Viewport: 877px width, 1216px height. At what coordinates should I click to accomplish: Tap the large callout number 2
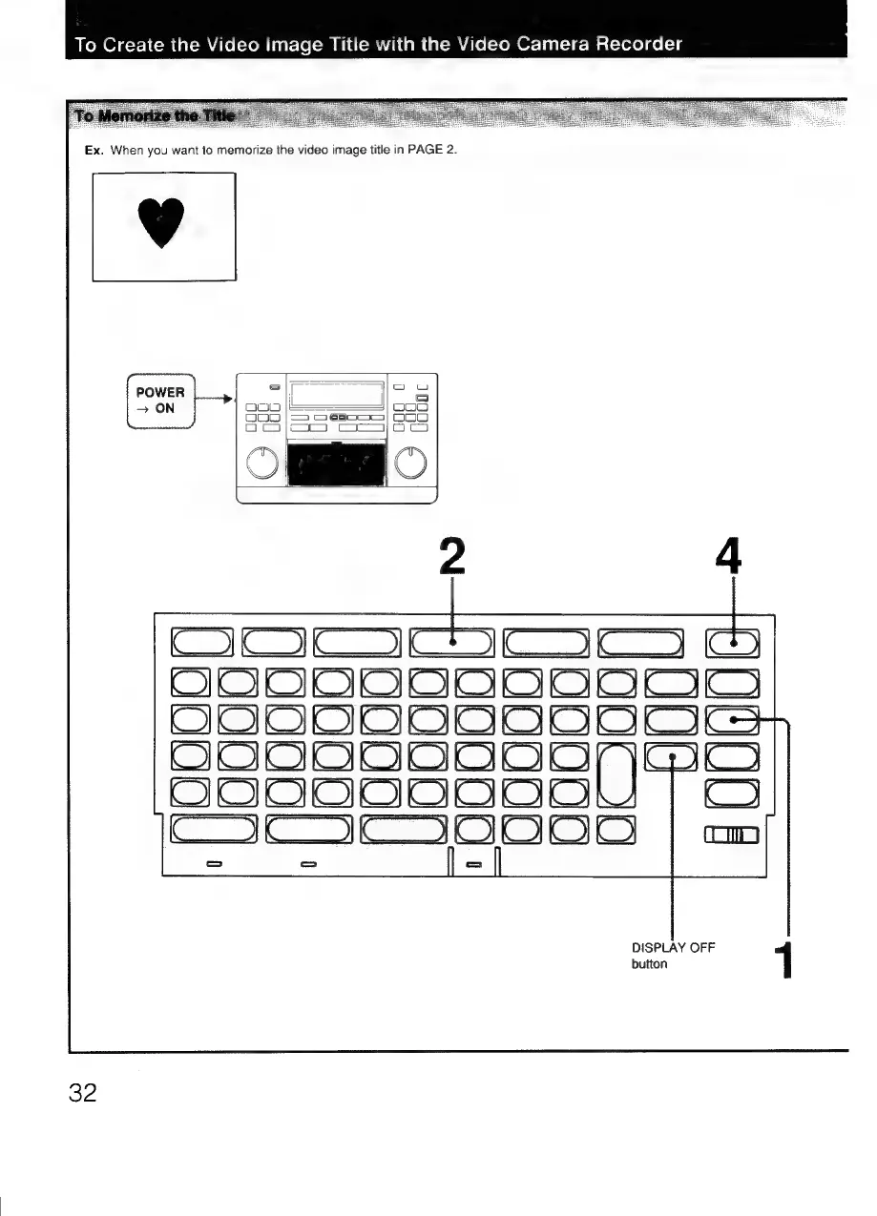[449, 556]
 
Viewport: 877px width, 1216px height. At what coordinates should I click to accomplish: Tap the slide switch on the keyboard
[732, 835]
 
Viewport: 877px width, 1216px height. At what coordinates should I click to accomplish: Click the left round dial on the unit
[261, 463]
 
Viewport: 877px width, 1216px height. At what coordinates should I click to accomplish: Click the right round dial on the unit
[410, 463]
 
